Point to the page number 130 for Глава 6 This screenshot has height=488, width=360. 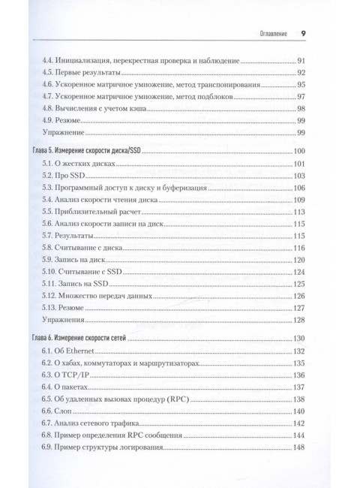(298, 339)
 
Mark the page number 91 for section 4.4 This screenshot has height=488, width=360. (300, 60)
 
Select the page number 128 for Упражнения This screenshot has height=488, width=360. (298, 319)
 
